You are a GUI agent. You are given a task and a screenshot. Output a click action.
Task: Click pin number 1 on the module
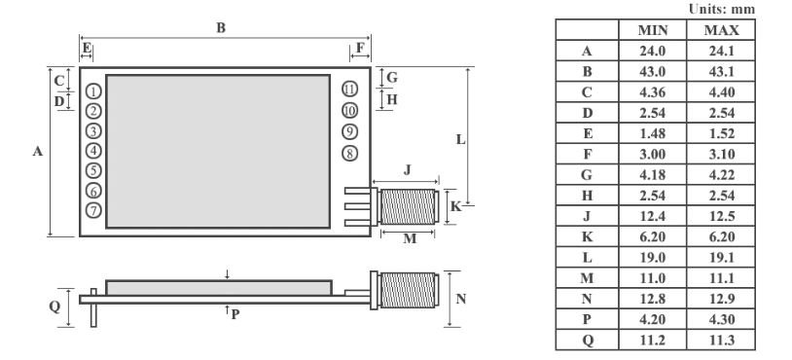93,90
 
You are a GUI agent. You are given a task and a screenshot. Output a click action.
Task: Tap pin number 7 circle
93,210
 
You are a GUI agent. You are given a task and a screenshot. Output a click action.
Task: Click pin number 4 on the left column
93,151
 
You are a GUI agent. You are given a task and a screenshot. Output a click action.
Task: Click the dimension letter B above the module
221,28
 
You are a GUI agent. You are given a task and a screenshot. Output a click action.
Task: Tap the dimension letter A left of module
37,152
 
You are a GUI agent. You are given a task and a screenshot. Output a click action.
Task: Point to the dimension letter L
460,139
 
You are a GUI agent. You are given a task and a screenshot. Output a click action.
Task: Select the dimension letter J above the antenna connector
408,170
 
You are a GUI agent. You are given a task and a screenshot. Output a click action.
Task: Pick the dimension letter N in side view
460,299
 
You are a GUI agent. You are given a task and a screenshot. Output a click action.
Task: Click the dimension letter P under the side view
234,313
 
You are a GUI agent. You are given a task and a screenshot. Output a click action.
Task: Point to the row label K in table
587,234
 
